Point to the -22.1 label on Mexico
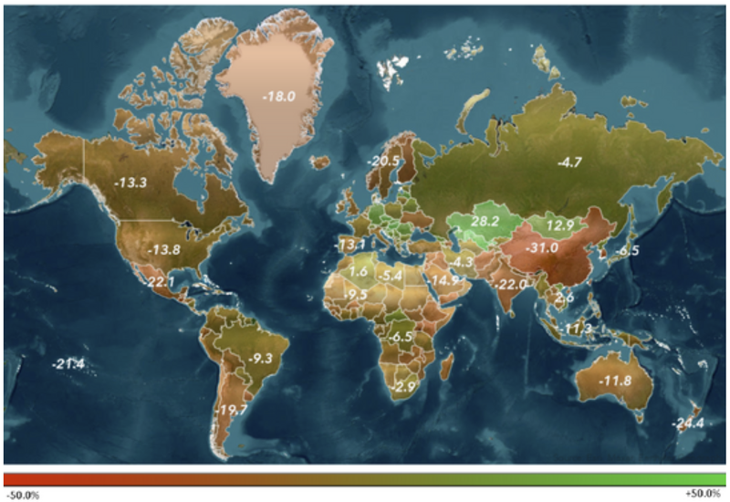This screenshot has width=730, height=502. pyautogui.click(x=160, y=282)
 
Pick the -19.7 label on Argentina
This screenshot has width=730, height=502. pyautogui.click(x=234, y=411)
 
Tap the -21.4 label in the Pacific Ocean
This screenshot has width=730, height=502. pyautogui.click(x=68, y=365)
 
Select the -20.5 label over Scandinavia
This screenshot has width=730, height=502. pyautogui.click(x=383, y=162)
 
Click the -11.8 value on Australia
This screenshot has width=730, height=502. pyautogui.click(x=613, y=380)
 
